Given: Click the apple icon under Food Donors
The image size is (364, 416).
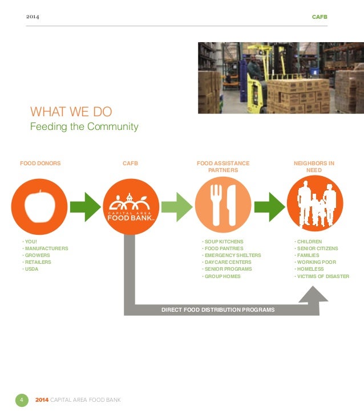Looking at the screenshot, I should (39, 206).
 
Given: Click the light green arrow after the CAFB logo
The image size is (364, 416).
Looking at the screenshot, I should (177, 207).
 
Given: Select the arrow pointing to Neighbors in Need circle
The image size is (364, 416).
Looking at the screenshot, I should (269, 207).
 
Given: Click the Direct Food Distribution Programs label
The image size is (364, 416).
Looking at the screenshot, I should (218, 310).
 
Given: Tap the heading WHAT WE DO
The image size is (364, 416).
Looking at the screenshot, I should (71, 111).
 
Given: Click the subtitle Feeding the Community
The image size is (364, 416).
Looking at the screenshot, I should (84, 127).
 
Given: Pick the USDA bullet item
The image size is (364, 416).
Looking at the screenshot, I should (31, 269).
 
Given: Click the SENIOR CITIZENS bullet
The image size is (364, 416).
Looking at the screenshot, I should (317, 248).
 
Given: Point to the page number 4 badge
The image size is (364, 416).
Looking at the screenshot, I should (21, 400).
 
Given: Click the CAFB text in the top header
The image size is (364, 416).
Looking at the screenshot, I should (319, 17).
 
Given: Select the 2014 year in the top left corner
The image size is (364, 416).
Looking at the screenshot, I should (34, 17).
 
